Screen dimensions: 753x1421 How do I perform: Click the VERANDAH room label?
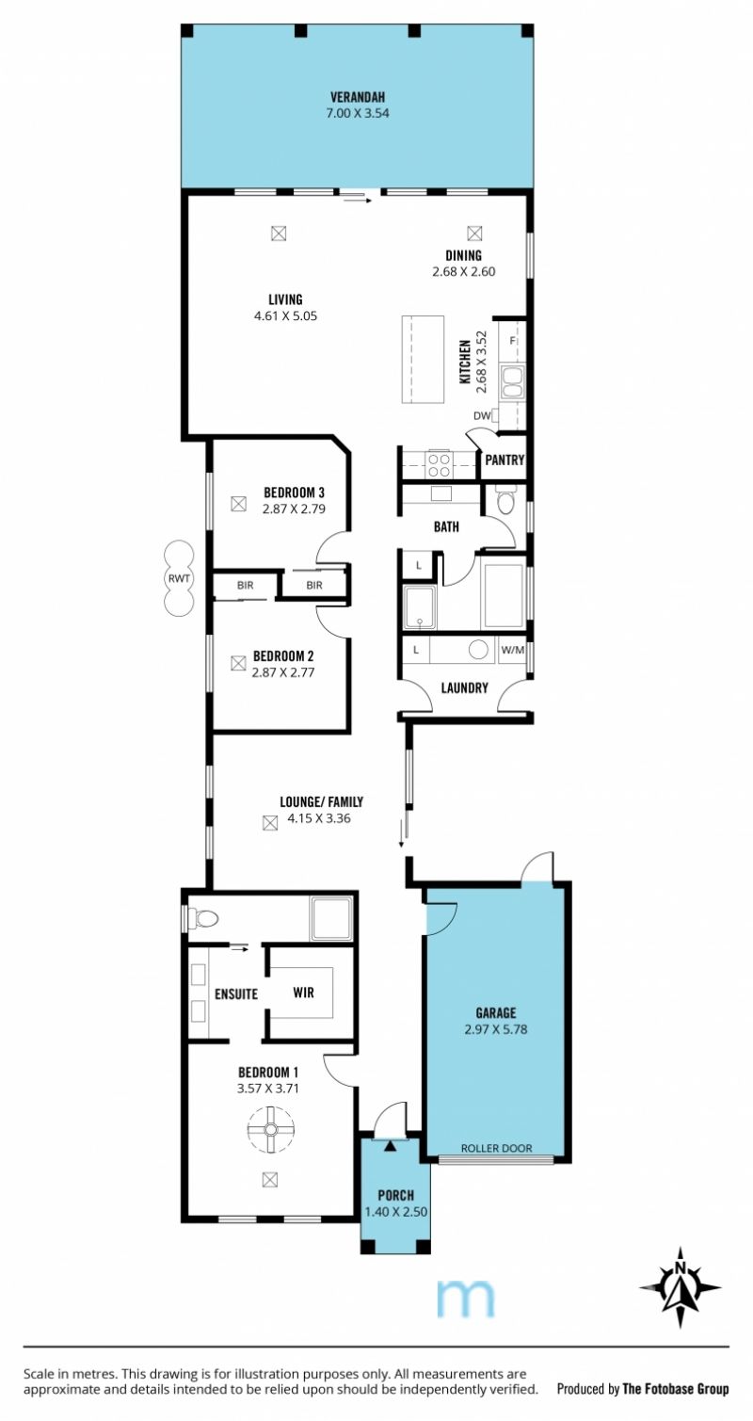[x=357, y=98]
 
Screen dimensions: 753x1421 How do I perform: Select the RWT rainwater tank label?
[x=179, y=578]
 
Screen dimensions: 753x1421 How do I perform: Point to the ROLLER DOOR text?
[x=496, y=1148]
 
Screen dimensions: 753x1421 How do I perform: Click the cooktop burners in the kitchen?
[x=439, y=464]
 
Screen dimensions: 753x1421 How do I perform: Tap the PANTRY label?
[x=505, y=460]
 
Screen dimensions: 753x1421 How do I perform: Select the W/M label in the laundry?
[x=513, y=650]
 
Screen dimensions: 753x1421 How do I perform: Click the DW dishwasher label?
[x=482, y=416]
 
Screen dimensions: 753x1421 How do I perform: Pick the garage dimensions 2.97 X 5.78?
[x=496, y=1029]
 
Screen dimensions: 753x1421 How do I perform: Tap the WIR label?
[x=303, y=993]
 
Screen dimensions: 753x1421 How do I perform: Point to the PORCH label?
[x=395, y=1196]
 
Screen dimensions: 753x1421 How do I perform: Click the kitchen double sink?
[x=511, y=382]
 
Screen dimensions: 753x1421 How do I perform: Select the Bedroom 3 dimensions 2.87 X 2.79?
[x=294, y=509]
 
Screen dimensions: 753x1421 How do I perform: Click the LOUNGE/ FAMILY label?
[x=321, y=802]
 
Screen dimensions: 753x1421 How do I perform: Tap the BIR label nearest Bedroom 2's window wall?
[x=246, y=585]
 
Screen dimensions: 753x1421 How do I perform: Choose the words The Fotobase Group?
[x=676, y=1388]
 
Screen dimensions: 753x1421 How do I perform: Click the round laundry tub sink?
[x=478, y=649]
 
